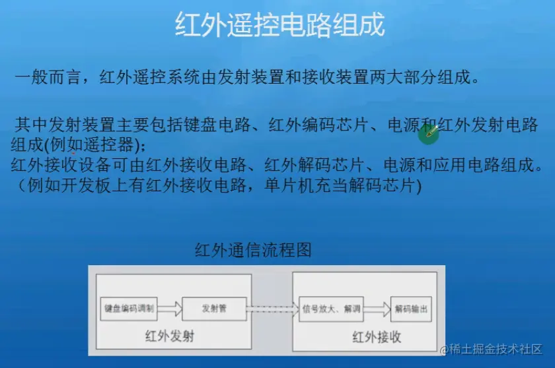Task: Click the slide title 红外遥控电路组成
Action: [x=280, y=24]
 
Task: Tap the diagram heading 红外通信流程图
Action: [x=253, y=250]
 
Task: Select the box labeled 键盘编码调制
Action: [x=129, y=309]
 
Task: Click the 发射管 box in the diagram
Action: [x=214, y=309]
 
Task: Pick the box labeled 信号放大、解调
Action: [x=331, y=309]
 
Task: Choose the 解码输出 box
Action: [x=411, y=309]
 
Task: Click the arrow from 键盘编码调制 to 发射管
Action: [x=170, y=309]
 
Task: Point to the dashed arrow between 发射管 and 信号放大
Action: [x=273, y=309]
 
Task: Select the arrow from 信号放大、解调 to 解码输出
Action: [x=377, y=309]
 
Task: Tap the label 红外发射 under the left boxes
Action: [x=170, y=336]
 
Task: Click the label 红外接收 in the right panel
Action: [x=377, y=337]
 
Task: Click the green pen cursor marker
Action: [x=429, y=133]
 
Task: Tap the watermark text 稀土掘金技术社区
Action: [x=496, y=350]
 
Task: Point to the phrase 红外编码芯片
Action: [x=319, y=125]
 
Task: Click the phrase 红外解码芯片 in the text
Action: [x=314, y=165]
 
